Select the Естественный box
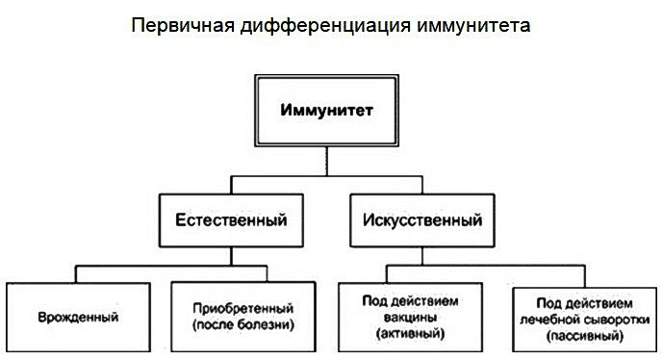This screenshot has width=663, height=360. coord(231,219)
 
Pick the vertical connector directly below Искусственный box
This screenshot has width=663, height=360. coord(421,252)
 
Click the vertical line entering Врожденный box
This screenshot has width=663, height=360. coord(77,274)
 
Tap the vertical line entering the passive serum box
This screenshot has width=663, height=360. coord(582,274)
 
